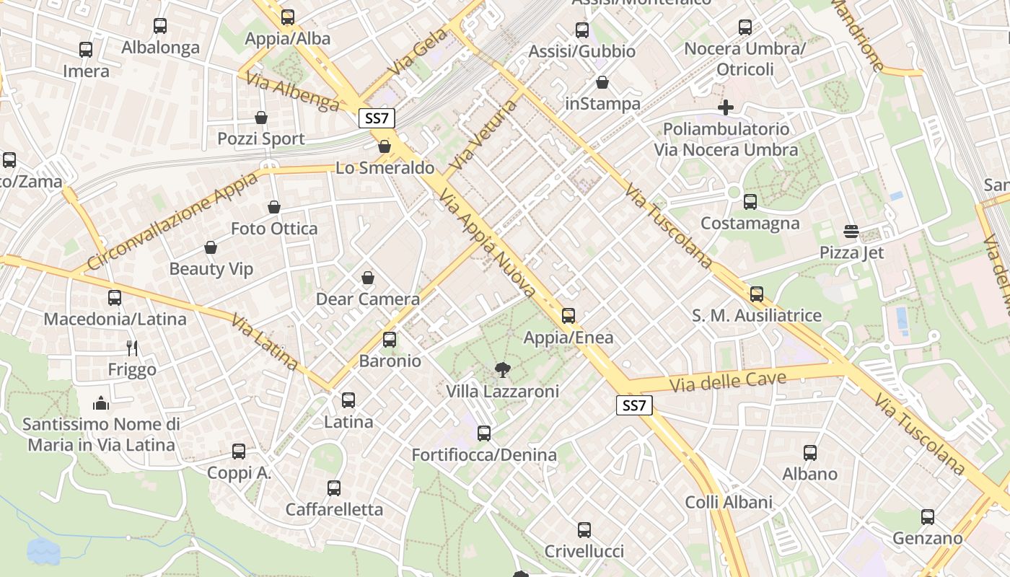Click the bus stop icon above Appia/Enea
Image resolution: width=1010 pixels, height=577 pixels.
coord(568,315)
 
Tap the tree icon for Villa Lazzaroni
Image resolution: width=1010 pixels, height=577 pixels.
coord(501,370)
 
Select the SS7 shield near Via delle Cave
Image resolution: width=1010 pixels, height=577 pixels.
coord(634,405)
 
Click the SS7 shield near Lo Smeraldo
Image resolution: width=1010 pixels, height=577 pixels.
coord(377,118)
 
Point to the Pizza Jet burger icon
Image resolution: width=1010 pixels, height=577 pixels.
coord(851,232)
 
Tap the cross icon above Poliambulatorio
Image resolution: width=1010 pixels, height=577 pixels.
coord(726,108)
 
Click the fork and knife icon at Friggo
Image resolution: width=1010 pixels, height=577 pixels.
coord(132,348)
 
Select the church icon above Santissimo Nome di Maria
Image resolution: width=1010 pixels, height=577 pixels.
coord(101,402)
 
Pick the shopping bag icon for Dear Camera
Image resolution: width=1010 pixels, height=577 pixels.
coord(368,278)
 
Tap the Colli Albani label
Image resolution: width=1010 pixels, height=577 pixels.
coord(729,502)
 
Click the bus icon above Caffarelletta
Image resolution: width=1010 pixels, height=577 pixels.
coord(334,488)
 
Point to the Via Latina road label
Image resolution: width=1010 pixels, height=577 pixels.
coord(265,342)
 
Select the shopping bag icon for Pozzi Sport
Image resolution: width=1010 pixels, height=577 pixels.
coord(261,118)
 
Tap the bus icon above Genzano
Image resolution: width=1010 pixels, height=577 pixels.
coord(928,517)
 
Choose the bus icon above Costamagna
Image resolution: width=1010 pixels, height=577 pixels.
coord(750,202)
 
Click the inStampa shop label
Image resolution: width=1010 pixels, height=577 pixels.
coord(602,104)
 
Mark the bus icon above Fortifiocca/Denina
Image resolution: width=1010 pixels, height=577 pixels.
coord(484,433)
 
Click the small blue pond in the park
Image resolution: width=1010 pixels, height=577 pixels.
coord(43,550)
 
